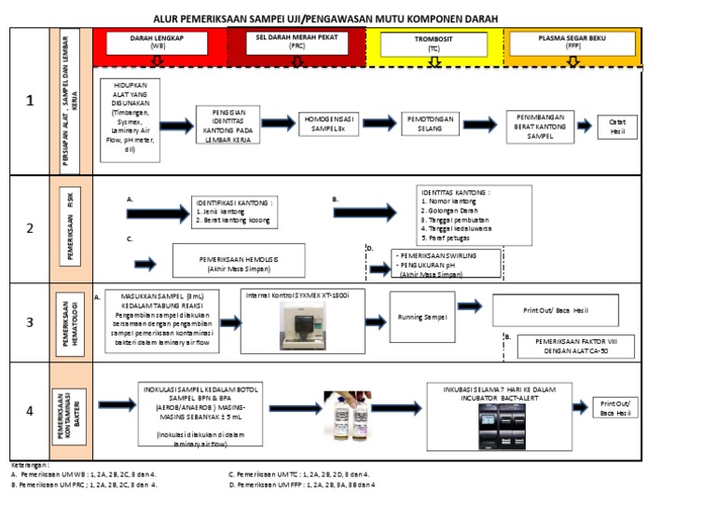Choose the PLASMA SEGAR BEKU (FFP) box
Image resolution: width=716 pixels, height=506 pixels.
tap(571, 42)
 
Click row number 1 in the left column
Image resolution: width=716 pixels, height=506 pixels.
tap(30, 102)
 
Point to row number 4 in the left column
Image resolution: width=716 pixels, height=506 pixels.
tap(30, 410)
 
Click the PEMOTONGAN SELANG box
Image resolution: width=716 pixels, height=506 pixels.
tap(431, 125)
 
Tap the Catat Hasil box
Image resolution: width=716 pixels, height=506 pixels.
tap(617, 127)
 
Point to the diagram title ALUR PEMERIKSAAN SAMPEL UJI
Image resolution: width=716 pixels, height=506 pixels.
tap(325, 19)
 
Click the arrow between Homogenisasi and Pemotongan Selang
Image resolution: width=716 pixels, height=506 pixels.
tap(379, 124)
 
